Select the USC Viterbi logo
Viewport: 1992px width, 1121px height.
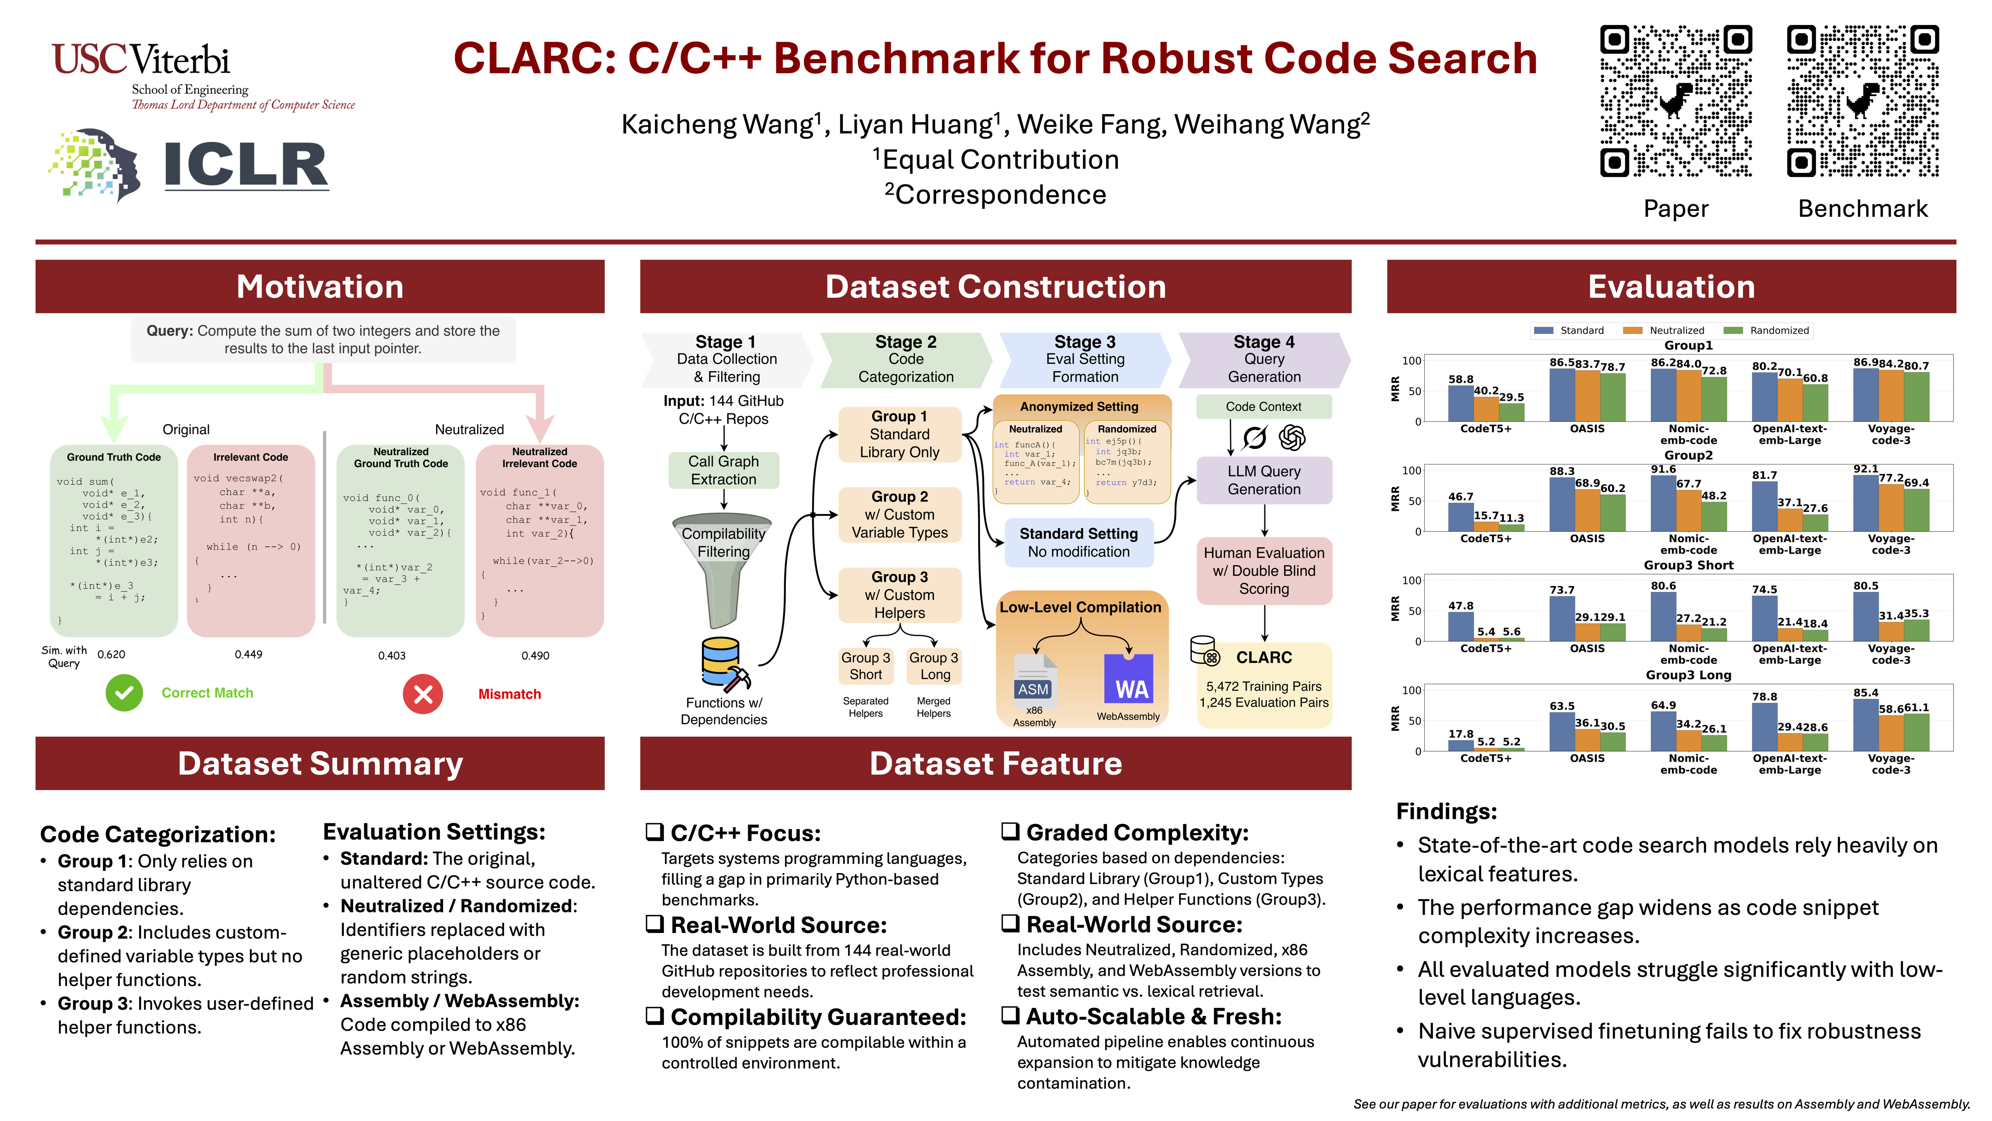coord(203,76)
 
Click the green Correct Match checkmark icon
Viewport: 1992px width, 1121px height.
coord(124,693)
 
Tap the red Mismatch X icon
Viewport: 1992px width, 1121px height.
coord(423,694)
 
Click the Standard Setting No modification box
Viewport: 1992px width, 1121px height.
coord(1079,542)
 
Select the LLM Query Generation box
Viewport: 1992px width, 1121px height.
coord(1264,480)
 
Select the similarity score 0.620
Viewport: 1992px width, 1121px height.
coord(111,654)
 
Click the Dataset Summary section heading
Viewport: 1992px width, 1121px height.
coord(320,764)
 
